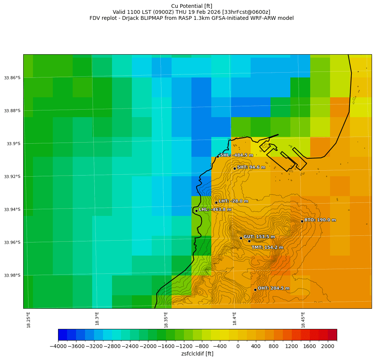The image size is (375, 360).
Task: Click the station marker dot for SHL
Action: tap(218, 156)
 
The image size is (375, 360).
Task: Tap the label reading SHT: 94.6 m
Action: tap(251, 167)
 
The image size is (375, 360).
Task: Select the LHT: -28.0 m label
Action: tap(233, 201)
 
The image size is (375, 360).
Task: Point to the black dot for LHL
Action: tap(196, 211)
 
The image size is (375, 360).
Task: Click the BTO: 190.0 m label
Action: tap(320, 220)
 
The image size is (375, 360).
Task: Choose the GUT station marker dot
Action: tap(241, 238)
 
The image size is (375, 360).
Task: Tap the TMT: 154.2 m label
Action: tap(267, 247)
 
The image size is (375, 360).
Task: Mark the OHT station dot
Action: tap(255, 290)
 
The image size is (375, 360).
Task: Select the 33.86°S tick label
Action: tap(12, 78)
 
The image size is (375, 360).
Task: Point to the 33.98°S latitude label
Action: tap(12, 275)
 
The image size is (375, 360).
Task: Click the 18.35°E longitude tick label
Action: tap(166, 320)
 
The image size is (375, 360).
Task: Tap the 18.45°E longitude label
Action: tap(303, 320)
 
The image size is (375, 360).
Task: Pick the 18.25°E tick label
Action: tap(28, 320)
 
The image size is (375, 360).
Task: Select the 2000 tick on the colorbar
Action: tap(327, 346)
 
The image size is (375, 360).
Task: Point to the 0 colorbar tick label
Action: tap(238, 346)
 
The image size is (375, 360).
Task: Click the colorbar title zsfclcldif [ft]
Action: tap(197, 354)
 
